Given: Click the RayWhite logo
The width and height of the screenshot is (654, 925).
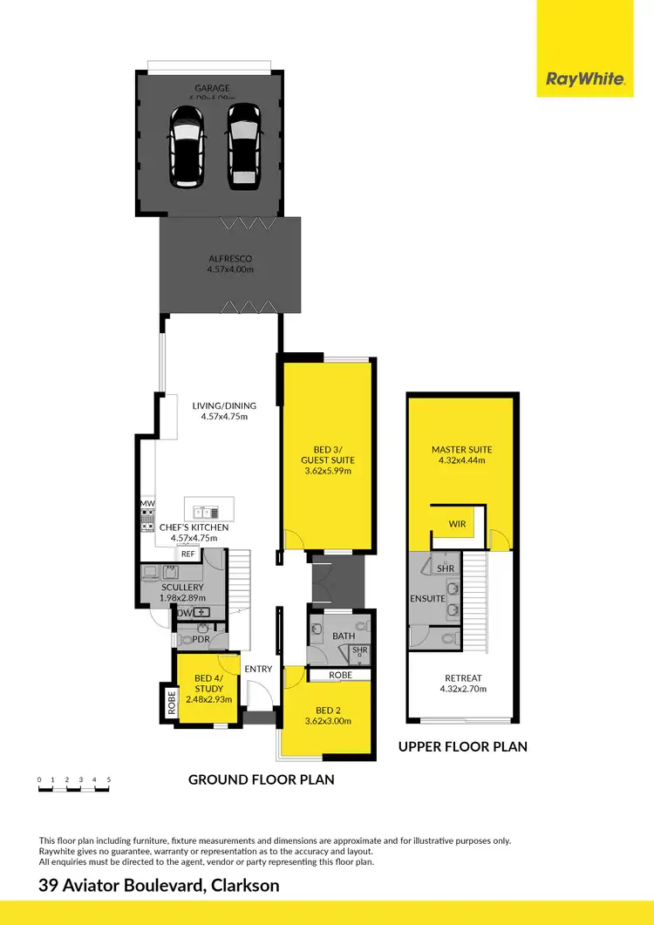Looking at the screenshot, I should click(584, 79).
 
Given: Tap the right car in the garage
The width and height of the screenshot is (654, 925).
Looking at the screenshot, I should click(244, 146).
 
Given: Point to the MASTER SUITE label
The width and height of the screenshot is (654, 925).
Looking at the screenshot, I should click(462, 450).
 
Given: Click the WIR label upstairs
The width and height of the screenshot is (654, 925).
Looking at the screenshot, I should click(458, 524).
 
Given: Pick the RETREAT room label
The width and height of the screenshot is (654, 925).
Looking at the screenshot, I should click(462, 677).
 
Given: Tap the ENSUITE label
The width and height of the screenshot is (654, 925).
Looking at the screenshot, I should click(428, 599).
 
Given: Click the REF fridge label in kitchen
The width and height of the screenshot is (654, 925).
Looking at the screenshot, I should click(187, 554).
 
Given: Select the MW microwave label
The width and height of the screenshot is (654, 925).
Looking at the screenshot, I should click(147, 504).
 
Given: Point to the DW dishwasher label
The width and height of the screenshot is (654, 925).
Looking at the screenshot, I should click(184, 614).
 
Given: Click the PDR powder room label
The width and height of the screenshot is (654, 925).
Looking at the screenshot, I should click(201, 640).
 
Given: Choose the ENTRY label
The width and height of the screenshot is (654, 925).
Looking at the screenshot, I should click(258, 669).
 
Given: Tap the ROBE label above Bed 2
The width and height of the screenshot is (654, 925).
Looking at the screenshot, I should click(340, 675).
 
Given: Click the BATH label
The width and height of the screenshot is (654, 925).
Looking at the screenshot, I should click(344, 636).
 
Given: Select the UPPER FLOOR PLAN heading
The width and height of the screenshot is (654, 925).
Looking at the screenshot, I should click(462, 746).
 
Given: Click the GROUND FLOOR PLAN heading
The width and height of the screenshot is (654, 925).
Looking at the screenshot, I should click(262, 779).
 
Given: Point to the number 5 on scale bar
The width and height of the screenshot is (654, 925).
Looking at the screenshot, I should click(108, 779).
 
